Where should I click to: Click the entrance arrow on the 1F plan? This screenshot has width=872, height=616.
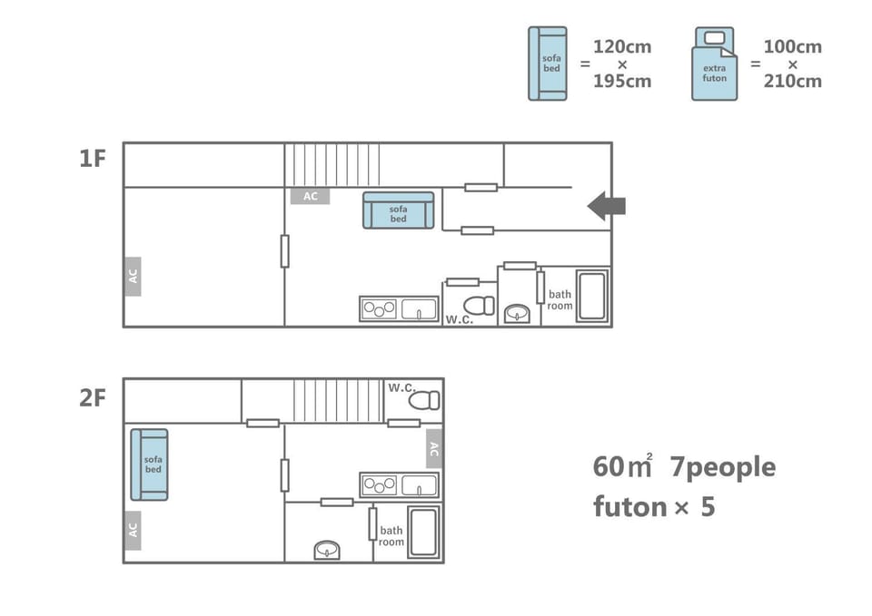click(608, 206)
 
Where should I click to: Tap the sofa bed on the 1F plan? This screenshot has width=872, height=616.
click(398, 210)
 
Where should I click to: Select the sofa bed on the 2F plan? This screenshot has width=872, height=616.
click(149, 464)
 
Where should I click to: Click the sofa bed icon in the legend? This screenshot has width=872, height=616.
click(548, 64)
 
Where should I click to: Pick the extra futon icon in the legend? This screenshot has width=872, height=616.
click(715, 64)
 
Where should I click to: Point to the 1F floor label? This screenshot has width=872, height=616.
click(93, 159)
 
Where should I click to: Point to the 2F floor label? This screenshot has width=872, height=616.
click(93, 398)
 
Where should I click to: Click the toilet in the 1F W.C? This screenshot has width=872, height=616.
click(480, 306)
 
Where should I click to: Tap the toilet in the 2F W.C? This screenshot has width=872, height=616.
click(424, 400)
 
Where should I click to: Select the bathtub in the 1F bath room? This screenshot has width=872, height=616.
click(591, 296)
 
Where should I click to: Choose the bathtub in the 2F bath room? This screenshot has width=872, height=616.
click(424, 532)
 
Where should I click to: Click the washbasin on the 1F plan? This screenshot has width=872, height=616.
click(517, 314)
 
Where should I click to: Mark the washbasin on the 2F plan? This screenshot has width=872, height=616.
click(327, 550)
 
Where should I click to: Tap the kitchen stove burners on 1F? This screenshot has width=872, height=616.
click(380, 308)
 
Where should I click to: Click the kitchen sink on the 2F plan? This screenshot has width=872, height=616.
click(420, 485)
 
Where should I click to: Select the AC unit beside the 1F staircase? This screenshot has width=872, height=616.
click(311, 196)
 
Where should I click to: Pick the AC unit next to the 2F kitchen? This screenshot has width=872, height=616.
click(434, 448)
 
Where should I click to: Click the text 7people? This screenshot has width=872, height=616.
click(722, 467)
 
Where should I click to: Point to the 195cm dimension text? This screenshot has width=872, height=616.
click(622, 81)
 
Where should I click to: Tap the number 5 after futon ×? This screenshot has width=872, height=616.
click(708, 507)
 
